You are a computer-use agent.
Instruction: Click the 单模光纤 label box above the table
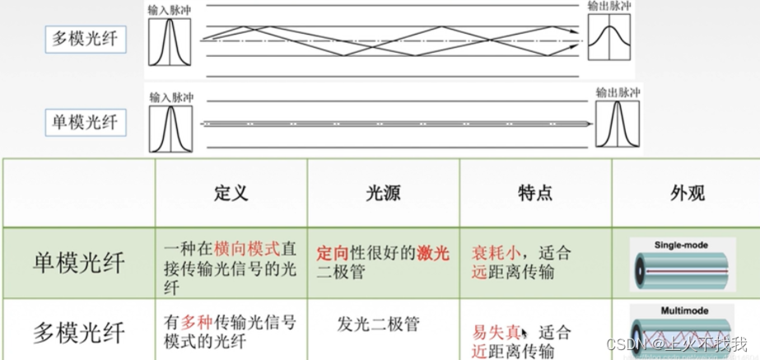(86, 124)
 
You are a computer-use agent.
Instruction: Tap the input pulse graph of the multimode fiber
(170, 42)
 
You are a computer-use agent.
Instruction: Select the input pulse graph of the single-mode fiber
(170, 125)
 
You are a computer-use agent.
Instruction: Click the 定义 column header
(230, 194)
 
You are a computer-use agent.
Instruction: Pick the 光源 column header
(383, 194)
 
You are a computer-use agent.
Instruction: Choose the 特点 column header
(534, 194)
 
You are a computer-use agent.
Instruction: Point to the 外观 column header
(687, 194)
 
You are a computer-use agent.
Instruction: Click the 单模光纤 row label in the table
(79, 263)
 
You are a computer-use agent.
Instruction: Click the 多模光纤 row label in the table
(79, 332)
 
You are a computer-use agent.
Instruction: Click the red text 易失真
(497, 333)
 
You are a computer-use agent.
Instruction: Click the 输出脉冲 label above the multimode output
(609, 7)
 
